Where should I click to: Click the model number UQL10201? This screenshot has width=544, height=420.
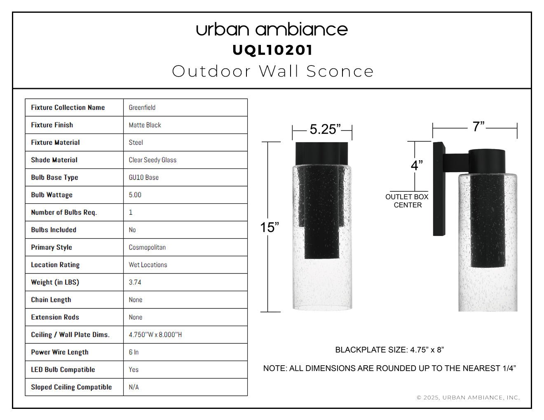[272, 50]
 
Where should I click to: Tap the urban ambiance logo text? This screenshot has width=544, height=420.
[272, 30]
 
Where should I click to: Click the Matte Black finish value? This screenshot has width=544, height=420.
[145, 125]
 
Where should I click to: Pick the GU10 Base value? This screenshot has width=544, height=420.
[143, 177]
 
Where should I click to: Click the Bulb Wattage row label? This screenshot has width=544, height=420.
[52, 195]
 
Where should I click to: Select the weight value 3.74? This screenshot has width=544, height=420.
[135, 282]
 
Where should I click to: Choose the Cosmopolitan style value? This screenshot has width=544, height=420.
[147, 247]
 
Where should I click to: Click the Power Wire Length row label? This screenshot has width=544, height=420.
[60, 352]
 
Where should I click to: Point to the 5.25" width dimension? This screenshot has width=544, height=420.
[325, 129]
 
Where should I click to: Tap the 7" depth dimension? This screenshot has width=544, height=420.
[478, 126]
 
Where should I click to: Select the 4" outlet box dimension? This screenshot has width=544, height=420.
[417, 166]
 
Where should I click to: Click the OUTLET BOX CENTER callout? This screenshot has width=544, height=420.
[407, 201]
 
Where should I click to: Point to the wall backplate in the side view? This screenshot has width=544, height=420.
[439, 189]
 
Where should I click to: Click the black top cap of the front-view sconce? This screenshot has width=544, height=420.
[322, 154]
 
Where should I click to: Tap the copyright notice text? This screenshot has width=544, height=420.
[468, 398]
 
